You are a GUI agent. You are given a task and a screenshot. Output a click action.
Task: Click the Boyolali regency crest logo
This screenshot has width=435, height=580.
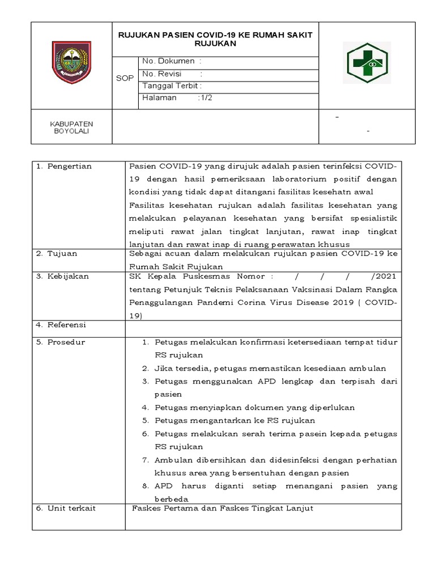pos(71,60)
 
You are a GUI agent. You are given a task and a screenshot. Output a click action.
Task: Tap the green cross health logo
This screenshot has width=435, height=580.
pos(366,62)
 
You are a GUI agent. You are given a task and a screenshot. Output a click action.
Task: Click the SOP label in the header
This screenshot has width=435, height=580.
pos(125,79)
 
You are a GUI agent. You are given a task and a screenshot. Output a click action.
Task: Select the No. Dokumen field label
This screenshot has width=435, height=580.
pos(169,61)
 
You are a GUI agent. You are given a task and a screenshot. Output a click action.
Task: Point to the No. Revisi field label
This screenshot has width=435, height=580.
pos(165,74)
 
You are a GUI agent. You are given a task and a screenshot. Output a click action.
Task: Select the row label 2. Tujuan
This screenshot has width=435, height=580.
pos(57,253)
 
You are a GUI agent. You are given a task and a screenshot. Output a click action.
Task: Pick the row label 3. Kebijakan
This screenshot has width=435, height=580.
pos(62,276)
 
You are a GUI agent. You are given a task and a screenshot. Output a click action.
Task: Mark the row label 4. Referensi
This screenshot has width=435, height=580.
pos(61,325)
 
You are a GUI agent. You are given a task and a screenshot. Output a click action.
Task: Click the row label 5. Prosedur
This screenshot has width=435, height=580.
pos(60,342)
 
